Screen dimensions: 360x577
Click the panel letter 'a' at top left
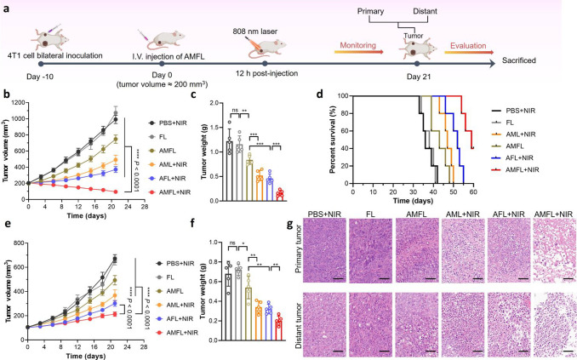6,7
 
